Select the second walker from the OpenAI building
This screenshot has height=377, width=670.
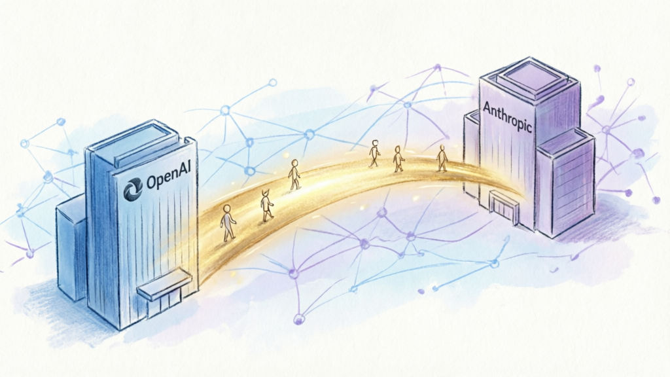tap(267, 206)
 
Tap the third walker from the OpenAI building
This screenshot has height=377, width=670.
tap(294, 174)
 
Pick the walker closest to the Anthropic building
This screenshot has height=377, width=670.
tap(442, 158)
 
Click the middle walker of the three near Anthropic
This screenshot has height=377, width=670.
tap(398, 159)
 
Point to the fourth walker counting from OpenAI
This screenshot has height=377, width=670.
tap(374, 153)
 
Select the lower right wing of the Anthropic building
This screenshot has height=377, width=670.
tap(565, 182)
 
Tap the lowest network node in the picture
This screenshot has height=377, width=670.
tap(298, 319)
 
